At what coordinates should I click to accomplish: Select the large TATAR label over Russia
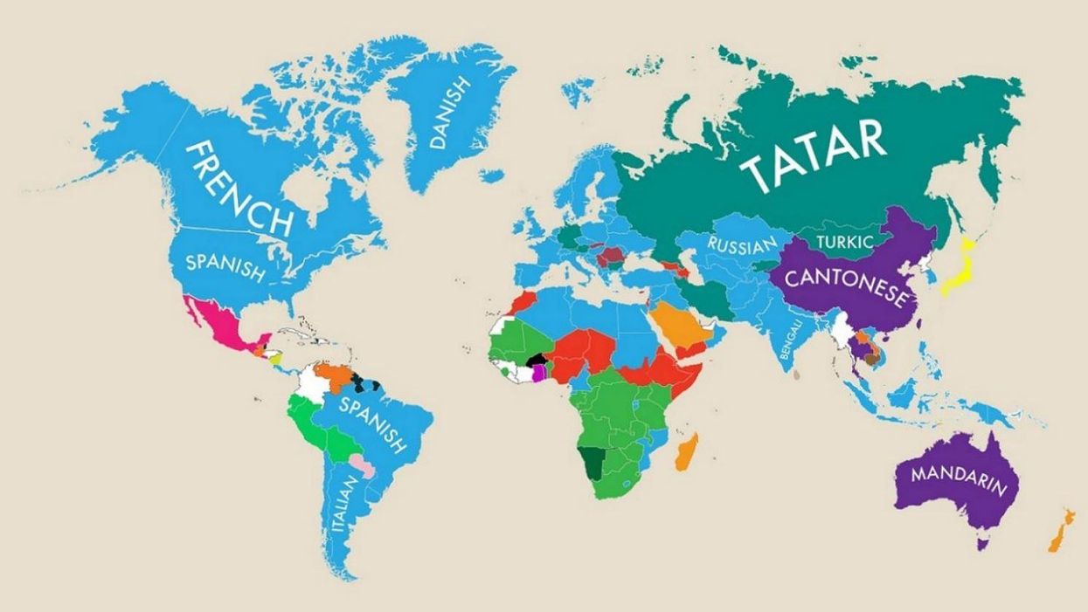[x=813, y=155]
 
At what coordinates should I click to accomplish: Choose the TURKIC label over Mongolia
[x=843, y=242]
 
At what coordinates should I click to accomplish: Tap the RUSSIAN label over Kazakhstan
[x=741, y=245]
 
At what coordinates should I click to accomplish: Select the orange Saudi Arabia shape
[x=673, y=324]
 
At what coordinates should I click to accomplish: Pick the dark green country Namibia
[x=593, y=461]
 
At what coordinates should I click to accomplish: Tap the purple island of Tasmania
[x=982, y=544]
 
